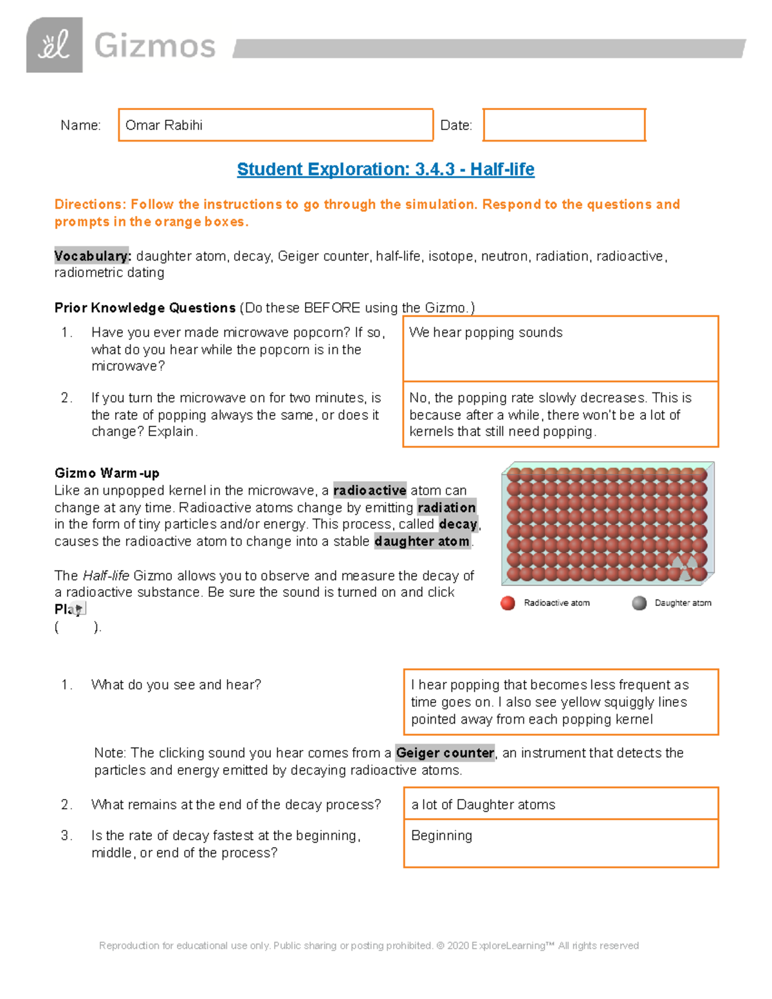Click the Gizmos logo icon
pyautogui.click(x=54, y=45)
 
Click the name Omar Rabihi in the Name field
pyautogui.click(x=164, y=125)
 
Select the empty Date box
pyautogui.click(x=564, y=125)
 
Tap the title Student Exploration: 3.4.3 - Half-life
pyautogui.click(x=385, y=169)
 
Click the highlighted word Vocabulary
pyautogui.click(x=92, y=256)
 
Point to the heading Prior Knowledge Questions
pyautogui.click(x=145, y=308)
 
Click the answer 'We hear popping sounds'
pyautogui.click(x=486, y=333)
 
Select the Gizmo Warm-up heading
pyautogui.click(x=107, y=473)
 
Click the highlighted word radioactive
pyautogui.click(x=369, y=490)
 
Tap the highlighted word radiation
pyautogui.click(x=446, y=508)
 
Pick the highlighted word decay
pyautogui.click(x=458, y=524)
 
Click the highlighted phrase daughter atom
pyautogui.click(x=422, y=542)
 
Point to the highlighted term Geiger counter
pyautogui.click(x=445, y=753)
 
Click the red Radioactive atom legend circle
pyautogui.click(x=508, y=603)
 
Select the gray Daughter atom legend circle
pyautogui.click(x=639, y=603)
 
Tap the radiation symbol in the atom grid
pyautogui.click(x=684, y=567)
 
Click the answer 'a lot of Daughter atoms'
pyautogui.click(x=483, y=805)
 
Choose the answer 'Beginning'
pyautogui.click(x=441, y=836)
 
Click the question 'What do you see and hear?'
pyautogui.click(x=176, y=684)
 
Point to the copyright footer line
pyautogui.click(x=369, y=946)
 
